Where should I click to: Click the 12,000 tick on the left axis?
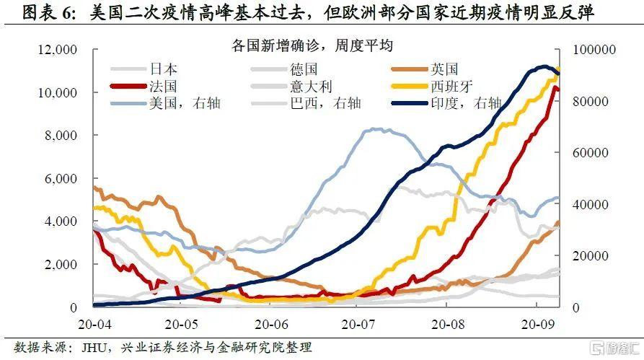(56, 50)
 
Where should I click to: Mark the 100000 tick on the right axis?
(594, 50)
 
